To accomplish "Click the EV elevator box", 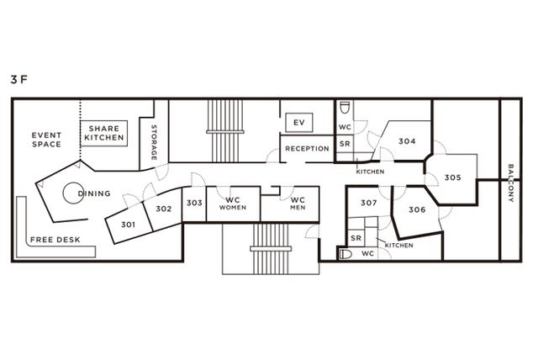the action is (299, 123).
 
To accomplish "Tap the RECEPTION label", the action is (307, 149).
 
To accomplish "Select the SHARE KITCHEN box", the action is (104, 133).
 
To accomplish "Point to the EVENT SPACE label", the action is (46, 140).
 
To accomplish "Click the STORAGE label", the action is (154, 142).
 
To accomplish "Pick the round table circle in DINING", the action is (73, 193).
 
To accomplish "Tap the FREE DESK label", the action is (55, 240).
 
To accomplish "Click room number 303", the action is (194, 203).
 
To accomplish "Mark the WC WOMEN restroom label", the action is (233, 204).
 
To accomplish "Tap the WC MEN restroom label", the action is (298, 204).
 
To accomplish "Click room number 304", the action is (407, 141).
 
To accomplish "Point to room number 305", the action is (452, 177).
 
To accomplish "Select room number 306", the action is (417, 209).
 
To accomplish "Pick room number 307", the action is (369, 203).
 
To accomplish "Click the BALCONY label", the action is (510, 183).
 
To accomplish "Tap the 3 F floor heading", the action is (18, 80).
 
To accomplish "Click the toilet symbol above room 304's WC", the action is (345, 108).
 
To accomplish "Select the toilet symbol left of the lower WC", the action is (345, 254).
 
